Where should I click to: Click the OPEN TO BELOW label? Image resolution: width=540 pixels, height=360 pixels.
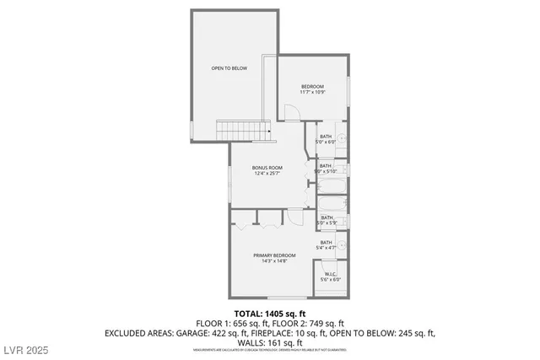[x=229, y=68]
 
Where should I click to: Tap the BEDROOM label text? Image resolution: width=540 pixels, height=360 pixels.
[x=314, y=86]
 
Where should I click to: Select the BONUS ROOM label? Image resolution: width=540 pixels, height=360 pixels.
[x=267, y=168]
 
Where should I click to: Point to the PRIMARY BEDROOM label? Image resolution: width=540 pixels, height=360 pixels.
[x=274, y=255]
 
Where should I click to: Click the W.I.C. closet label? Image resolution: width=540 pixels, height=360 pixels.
[x=331, y=274]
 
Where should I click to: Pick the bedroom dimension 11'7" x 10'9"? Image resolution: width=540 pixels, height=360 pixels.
[x=314, y=92]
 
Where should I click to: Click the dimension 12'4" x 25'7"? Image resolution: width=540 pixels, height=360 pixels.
[x=267, y=174]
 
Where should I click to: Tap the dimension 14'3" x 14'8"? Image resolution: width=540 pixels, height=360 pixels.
[x=274, y=261]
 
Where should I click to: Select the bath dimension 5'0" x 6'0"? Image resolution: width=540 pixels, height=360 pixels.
[x=327, y=142]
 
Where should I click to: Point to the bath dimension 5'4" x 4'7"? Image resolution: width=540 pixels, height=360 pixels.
[x=327, y=248]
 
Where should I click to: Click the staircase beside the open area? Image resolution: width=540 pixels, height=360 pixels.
[x=243, y=130]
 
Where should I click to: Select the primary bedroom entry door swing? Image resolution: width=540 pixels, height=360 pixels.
[x=295, y=217]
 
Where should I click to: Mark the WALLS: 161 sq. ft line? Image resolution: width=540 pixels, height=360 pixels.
[x=269, y=342]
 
